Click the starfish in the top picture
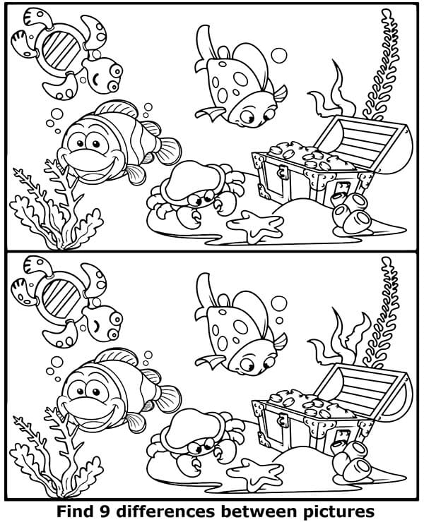[256, 226]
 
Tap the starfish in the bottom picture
[256, 475]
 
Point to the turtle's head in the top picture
[103, 75]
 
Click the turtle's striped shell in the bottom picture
[60, 298]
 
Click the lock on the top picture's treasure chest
[283, 171]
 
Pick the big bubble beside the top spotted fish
[279, 55]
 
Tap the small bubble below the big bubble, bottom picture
[280, 320]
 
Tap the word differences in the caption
[163, 511]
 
